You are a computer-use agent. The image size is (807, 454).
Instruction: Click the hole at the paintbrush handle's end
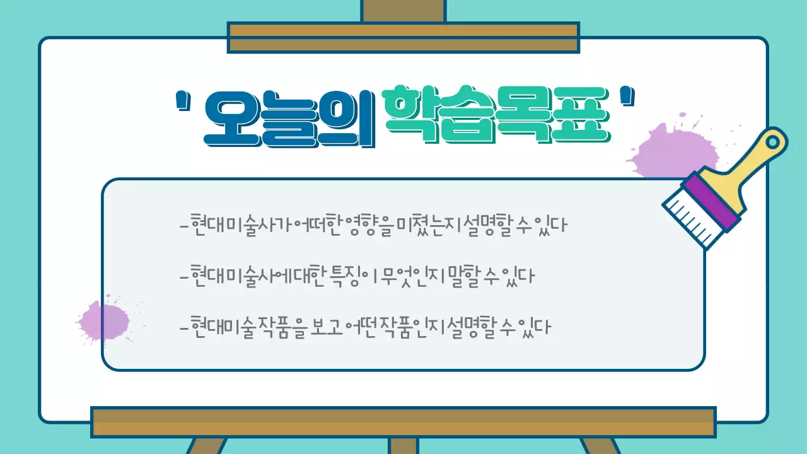coord(775,140)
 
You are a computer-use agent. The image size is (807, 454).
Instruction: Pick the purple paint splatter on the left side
coord(104,320)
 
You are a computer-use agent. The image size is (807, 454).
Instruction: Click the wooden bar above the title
coord(403,37)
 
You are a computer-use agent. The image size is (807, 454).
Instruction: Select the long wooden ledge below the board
coord(403,422)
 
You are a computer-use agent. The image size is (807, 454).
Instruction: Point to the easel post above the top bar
coord(403,11)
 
